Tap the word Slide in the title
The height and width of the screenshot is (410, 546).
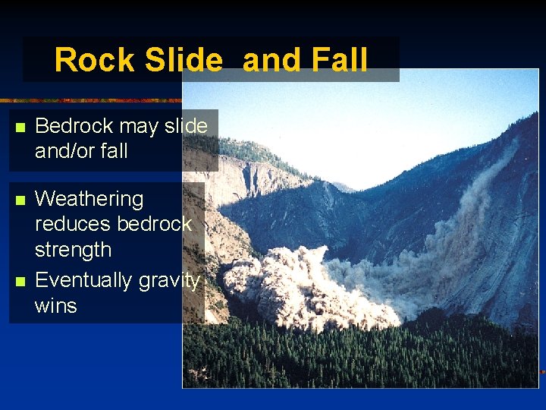[180, 60]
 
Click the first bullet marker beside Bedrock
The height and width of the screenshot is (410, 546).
[20, 127]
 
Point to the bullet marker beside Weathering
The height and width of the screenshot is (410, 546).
[20, 200]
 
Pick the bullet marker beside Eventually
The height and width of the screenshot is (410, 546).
[20, 282]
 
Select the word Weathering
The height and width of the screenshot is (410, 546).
[89, 200]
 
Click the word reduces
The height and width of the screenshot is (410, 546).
[73, 225]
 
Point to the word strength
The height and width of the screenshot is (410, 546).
[73, 250]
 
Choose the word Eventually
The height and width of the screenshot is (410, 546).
[83, 281]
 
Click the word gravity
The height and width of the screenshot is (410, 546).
[169, 281]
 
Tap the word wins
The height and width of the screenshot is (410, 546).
[55, 306]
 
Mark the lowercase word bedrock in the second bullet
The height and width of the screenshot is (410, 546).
[155, 225]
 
